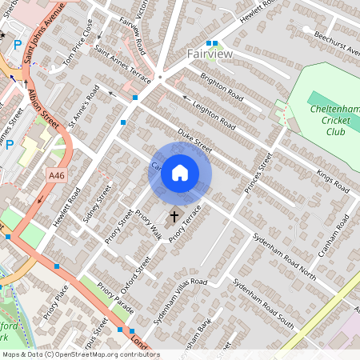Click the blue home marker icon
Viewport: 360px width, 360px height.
[180, 173]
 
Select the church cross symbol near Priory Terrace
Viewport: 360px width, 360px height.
[174, 216]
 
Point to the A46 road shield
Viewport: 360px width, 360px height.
[55, 175]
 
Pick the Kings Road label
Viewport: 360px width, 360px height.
[333, 182]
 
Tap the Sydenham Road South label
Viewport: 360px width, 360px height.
[264, 303]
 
